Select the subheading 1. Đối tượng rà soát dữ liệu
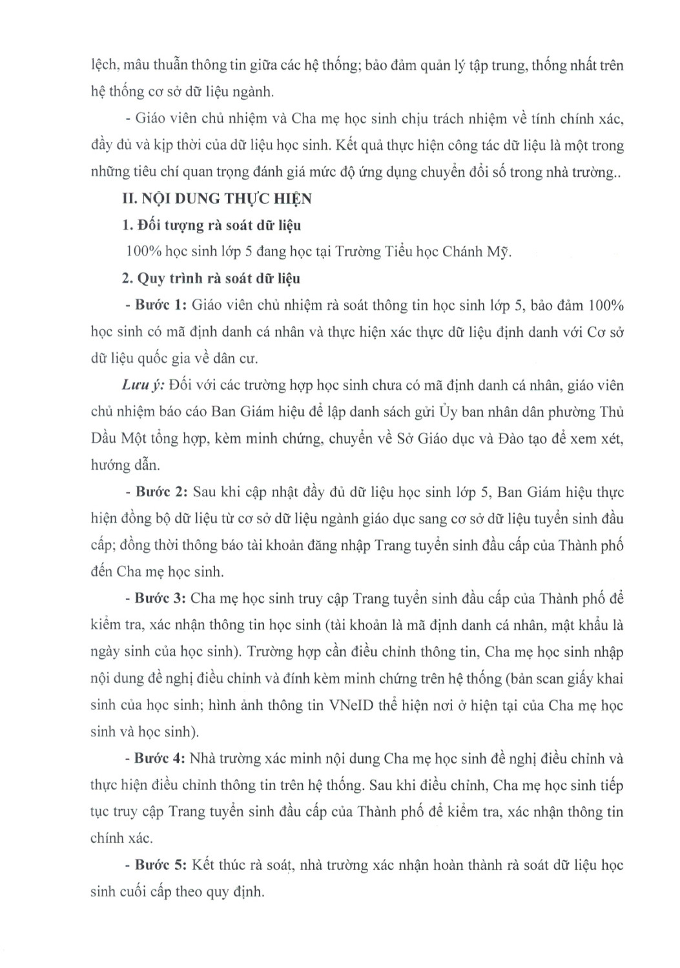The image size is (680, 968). click(211, 226)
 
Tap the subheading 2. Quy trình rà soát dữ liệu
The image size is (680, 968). click(211, 279)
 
